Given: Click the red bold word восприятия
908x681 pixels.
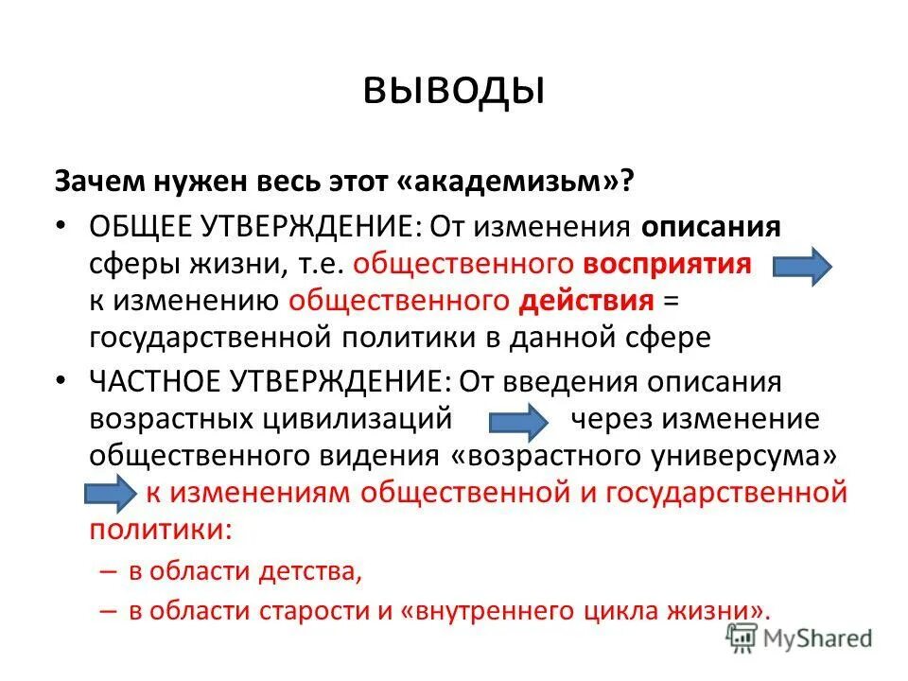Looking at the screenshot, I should click(667, 264).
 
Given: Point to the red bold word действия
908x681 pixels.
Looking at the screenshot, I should click(586, 301).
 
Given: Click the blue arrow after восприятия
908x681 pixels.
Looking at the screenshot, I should click(802, 267).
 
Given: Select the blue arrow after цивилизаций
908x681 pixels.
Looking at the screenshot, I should click(518, 420).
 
